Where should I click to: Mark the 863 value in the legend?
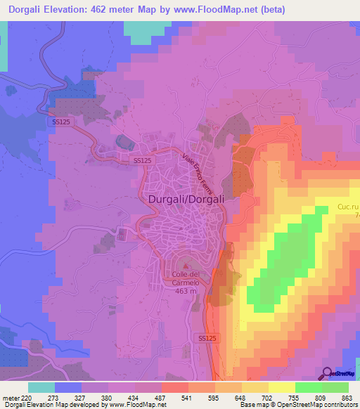(347, 398)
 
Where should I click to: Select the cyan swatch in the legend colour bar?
(42, 387)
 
